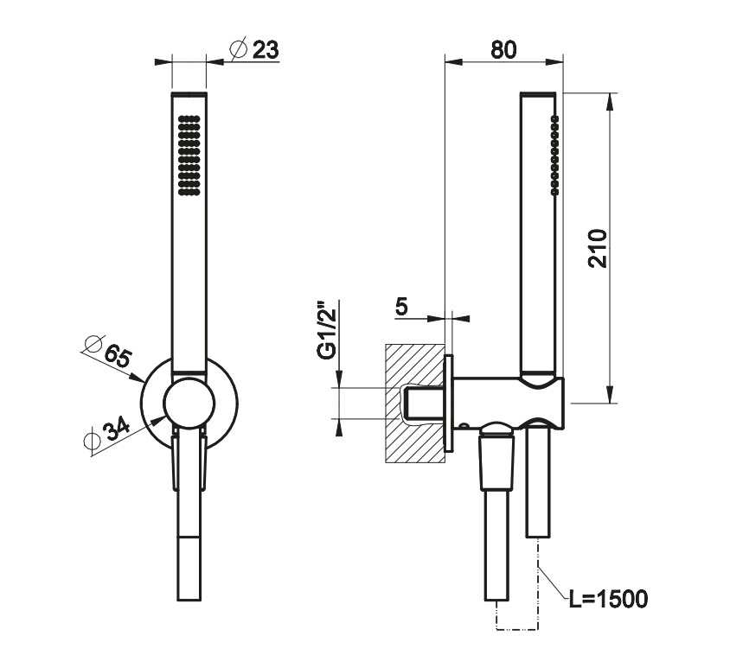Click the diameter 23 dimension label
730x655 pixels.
[254, 49]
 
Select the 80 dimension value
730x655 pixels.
[503, 50]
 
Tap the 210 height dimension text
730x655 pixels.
[599, 248]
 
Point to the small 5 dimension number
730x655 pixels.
[401, 306]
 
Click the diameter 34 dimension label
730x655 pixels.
[106, 433]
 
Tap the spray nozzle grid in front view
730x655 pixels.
[189, 155]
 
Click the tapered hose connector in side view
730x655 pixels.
[497, 461]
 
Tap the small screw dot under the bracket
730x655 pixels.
[464, 426]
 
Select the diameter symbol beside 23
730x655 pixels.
[238, 49]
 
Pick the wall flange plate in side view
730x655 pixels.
[449, 404]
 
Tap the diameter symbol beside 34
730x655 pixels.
[92, 441]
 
